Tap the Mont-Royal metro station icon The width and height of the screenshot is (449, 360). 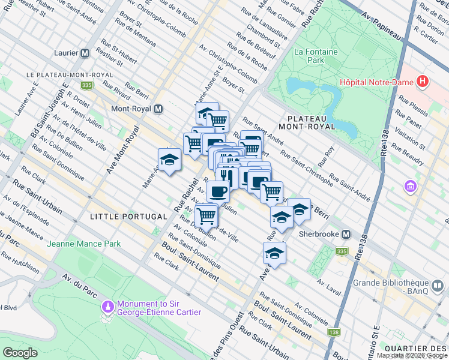(158, 109)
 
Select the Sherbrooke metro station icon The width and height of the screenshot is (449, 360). (346, 234)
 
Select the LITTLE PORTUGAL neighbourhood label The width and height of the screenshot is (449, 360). (128, 216)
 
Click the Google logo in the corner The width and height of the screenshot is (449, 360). (20, 352)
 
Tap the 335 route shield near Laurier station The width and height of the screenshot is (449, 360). (88, 86)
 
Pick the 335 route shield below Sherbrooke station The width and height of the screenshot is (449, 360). (342, 251)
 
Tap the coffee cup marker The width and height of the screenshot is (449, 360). (218, 191)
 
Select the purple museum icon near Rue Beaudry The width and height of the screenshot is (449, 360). (411, 187)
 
